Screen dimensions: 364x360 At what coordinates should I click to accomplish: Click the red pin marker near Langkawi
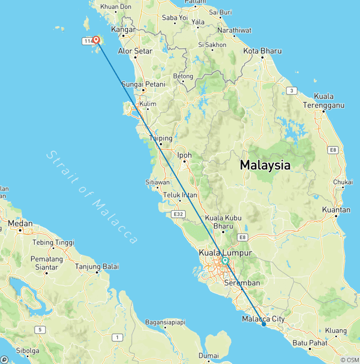click(x=96, y=40)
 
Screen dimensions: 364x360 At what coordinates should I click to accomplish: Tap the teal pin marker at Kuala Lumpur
click(x=225, y=261)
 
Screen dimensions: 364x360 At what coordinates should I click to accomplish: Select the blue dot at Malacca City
click(x=264, y=324)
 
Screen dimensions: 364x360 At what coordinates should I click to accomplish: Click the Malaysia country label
click(x=265, y=165)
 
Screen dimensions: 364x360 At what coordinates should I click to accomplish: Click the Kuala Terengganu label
click(x=323, y=100)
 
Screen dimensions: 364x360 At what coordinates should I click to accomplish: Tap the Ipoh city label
click(x=184, y=155)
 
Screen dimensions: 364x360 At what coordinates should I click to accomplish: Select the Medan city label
click(x=20, y=223)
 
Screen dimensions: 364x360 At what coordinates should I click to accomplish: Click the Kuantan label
click(x=336, y=210)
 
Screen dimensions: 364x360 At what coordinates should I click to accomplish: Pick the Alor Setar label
click(x=135, y=51)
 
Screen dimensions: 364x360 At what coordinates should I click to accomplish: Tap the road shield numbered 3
click(x=292, y=91)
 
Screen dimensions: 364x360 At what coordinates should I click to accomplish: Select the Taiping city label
click(x=160, y=138)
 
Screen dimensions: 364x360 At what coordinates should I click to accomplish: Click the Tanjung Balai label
click(x=97, y=266)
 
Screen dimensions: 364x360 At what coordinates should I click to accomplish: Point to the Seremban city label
click(x=242, y=283)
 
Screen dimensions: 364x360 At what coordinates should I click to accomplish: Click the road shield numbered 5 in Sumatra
click(x=41, y=330)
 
